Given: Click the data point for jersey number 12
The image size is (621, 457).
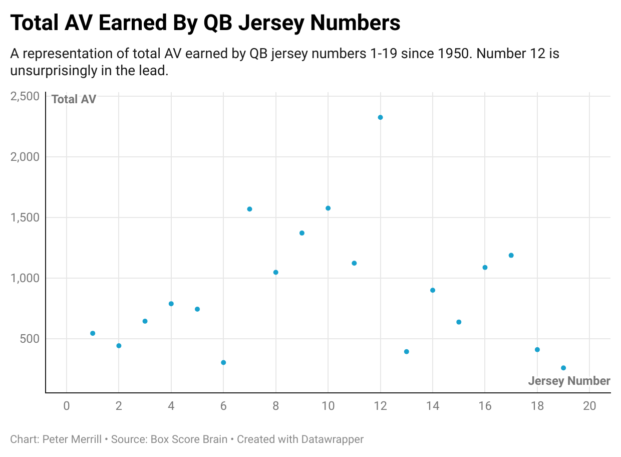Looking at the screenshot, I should coord(380,117).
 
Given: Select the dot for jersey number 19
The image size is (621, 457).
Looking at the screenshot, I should coord(563,368).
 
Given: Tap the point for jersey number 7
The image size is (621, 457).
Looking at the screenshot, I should coord(249,209).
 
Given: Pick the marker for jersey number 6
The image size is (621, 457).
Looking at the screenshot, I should coord(223,362).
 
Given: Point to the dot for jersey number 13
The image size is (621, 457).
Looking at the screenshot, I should coord(407,352).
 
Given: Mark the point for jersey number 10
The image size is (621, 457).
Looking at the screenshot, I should coord(328,208).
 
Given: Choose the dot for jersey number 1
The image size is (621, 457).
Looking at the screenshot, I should coord(93,333).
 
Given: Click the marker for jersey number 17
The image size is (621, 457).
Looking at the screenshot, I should coord(511,255).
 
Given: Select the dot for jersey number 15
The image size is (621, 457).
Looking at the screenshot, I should coord(459,322).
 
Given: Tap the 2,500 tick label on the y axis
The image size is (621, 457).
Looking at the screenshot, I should coord(25,96).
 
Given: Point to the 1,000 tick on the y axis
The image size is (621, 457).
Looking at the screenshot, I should coord(25,278).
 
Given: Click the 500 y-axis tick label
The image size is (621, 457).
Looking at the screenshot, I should coord(30,339).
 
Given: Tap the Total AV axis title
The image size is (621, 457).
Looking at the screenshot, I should coord(74,99).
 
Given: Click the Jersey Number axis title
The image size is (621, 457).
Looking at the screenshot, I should coord(569,381).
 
